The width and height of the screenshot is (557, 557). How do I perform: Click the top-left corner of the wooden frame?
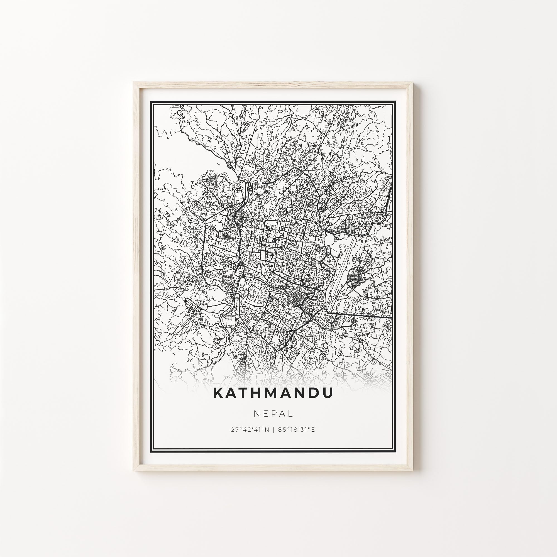pyautogui.click(x=134, y=83)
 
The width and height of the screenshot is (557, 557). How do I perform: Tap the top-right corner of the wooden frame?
pyautogui.click(x=412, y=83)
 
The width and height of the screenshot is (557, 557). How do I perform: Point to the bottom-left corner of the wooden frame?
pyautogui.click(x=134, y=470)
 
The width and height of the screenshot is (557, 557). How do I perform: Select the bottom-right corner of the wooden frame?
pyautogui.click(x=412, y=470)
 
